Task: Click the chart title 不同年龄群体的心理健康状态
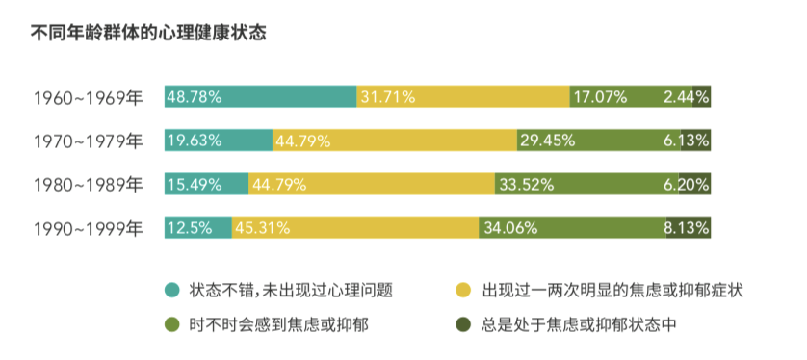pos(149,33)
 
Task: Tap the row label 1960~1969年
pos(88,97)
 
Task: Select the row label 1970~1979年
pos(88,141)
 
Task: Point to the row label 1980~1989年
pos(88,185)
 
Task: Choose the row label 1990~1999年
pos(88,229)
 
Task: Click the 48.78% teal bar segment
pos(261,96)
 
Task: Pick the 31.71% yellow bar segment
pos(463,96)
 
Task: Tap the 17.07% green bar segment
pos(616,96)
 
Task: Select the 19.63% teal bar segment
pos(219,141)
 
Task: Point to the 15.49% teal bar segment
pos(207,184)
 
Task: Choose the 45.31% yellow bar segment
pos(356,228)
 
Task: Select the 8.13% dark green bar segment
pos(689,228)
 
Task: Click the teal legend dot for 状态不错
pos(172,290)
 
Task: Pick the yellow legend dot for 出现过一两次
pos(463,290)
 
